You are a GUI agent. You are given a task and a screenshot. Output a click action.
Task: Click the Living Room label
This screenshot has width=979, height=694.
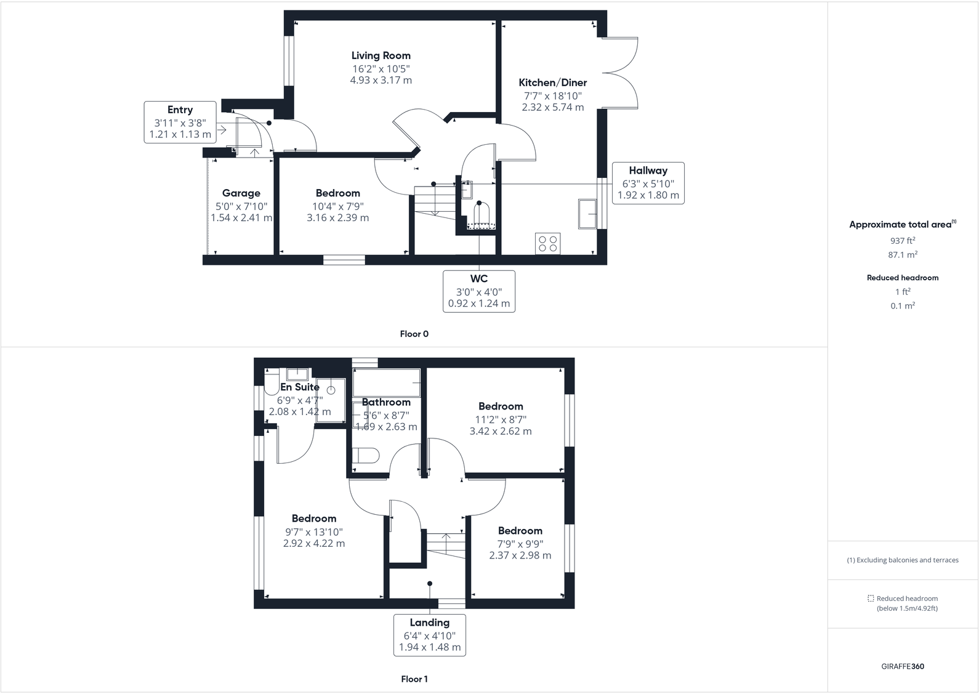(x=381, y=55)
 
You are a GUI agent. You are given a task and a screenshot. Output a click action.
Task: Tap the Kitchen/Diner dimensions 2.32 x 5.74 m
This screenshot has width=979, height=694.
(x=552, y=107)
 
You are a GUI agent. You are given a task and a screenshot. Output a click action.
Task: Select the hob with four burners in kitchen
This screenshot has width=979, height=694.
(x=547, y=243)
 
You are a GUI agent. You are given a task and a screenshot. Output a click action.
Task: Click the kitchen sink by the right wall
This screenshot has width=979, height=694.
(x=587, y=214)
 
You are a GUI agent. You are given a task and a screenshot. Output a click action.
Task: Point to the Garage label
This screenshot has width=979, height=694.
(x=241, y=193)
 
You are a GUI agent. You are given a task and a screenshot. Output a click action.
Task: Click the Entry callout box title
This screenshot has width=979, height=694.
(x=180, y=110)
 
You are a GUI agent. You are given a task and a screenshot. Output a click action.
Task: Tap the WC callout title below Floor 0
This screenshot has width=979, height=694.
(x=479, y=279)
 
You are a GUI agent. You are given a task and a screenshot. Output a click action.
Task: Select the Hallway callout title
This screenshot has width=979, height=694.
(x=648, y=171)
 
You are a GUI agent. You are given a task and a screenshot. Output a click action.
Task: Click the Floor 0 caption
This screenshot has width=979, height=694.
(x=414, y=334)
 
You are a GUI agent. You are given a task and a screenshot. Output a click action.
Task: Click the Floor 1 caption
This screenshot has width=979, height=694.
(x=414, y=679)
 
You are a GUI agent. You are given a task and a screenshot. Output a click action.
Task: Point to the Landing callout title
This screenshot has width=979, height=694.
(x=429, y=623)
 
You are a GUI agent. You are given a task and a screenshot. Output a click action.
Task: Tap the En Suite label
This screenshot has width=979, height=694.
(x=300, y=387)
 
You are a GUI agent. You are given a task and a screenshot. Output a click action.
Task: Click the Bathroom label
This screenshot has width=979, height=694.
(x=386, y=402)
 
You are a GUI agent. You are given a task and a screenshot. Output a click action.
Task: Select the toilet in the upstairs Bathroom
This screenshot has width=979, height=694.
(x=367, y=456)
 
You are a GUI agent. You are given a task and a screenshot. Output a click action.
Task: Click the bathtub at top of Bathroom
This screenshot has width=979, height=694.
(x=386, y=382)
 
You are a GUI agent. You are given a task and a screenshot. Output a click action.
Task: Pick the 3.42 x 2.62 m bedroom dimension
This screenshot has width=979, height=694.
(x=500, y=431)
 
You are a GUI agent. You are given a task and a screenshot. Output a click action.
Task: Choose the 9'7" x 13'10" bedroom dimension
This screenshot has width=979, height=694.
(x=313, y=532)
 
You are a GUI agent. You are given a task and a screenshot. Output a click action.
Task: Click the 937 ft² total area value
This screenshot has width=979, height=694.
(x=902, y=241)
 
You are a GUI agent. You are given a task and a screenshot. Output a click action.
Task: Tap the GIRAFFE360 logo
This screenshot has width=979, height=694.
(x=902, y=666)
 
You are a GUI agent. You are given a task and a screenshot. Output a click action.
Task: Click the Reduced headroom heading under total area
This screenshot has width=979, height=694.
(x=902, y=278)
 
